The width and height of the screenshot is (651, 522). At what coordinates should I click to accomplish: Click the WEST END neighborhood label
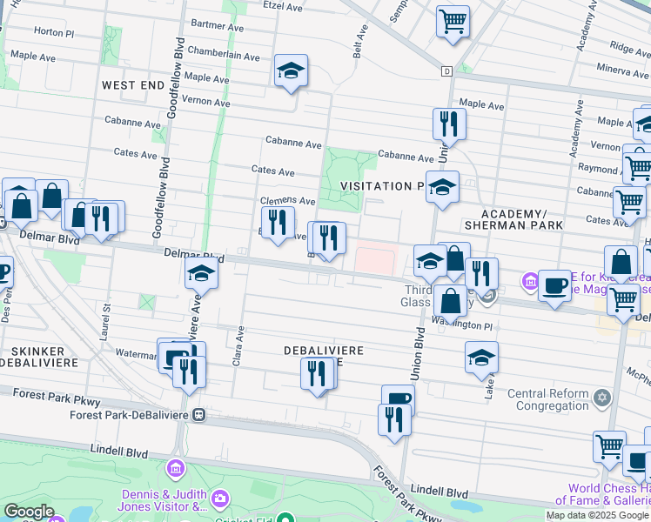pyautogui.click(x=132, y=85)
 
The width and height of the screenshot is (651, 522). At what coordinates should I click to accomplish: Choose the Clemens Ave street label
pyautogui.click(x=288, y=201)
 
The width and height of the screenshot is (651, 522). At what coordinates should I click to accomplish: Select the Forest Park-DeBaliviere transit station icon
pyautogui.click(x=199, y=415)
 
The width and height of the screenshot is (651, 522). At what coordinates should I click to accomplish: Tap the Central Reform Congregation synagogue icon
pyautogui.click(x=601, y=398)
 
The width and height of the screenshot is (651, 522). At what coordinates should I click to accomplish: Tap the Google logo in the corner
pyautogui.click(x=29, y=512)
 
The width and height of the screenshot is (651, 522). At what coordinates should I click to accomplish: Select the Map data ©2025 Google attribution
pyautogui.click(x=598, y=515)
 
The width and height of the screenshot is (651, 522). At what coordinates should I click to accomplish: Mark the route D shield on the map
pyautogui.click(x=446, y=70)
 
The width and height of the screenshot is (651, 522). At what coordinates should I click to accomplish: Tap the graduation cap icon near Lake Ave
pyautogui.click(x=481, y=357)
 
